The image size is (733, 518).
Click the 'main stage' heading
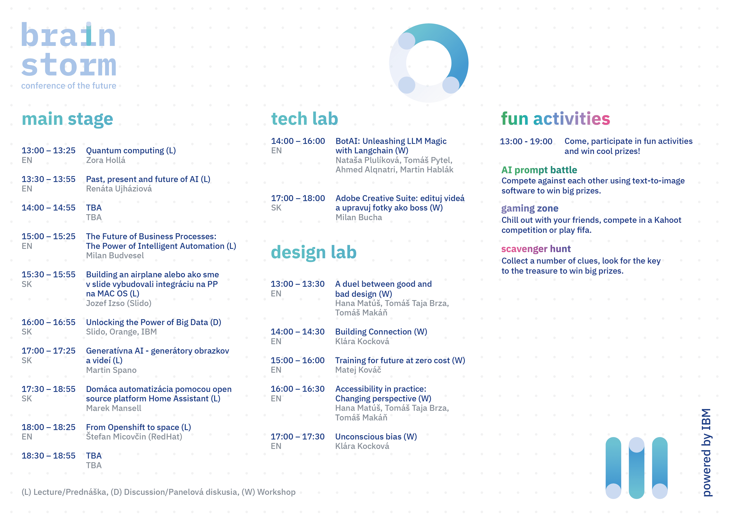pos(67,119)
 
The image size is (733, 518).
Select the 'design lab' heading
pos(314,252)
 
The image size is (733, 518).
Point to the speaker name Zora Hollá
pos(106,160)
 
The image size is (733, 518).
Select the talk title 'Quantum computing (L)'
pos(131,150)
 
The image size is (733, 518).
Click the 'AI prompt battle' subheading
pos(539,170)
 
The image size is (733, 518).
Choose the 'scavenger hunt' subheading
pos(536,249)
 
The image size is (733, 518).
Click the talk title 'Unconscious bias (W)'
pos(376,436)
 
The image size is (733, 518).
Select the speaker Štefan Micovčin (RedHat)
pos(134,436)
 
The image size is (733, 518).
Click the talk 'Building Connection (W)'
pos(381,332)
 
